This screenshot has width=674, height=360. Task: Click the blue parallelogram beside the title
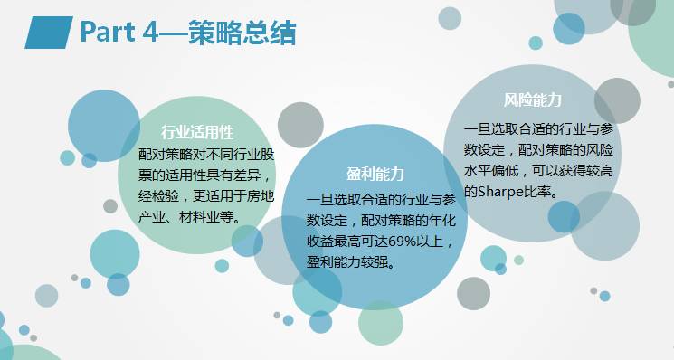[46, 32]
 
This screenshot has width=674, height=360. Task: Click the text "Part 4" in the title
[121, 32]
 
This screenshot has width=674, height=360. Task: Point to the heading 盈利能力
[375, 173]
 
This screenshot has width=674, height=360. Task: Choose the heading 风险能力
[533, 99]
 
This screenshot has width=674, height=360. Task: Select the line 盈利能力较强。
[356, 262]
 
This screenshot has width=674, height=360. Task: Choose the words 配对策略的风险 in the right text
[576, 148]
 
